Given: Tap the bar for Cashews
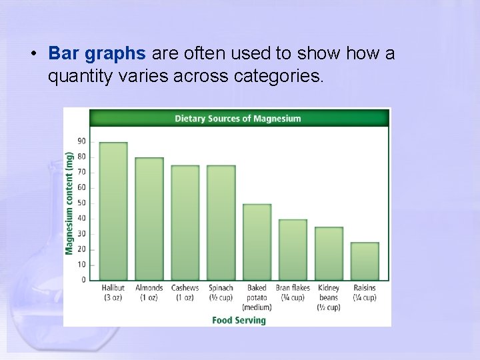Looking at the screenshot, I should pyautogui.click(x=185, y=223).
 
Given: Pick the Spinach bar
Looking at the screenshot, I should pyautogui.click(x=221, y=223).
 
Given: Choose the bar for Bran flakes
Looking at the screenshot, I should pyautogui.click(x=293, y=250).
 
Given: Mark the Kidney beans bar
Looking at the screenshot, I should pyautogui.click(x=329, y=253).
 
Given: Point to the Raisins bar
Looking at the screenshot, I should pyautogui.click(x=365, y=261).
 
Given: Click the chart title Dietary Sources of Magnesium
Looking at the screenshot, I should pyautogui.click(x=238, y=119).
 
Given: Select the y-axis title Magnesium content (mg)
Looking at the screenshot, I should pyautogui.click(x=69, y=203).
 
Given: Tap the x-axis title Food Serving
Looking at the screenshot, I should pyautogui.click(x=239, y=320).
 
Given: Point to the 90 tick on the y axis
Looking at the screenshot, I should pyautogui.click(x=81, y=141).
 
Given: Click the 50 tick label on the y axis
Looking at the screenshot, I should pyautogui.click(x=81, y=203).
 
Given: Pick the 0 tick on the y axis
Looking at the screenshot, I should pyautogui.click(x=83, y=280).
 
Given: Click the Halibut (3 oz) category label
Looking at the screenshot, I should pyautogui.click(x=113, y=293).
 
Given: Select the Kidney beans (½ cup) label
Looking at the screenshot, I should pyautogui.click(x=329, y=297).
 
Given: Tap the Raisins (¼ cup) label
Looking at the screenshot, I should pyautogui.click(x=365, y=293).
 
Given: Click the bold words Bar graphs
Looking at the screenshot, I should pyautogui.click(x=97, y=53).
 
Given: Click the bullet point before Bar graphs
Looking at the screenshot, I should pyautogui.click(x=33, y=54).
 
